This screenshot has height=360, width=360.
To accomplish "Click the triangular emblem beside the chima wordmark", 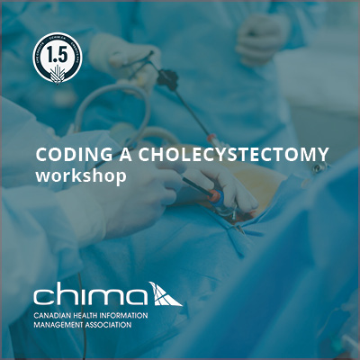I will (x=164, y=293).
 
